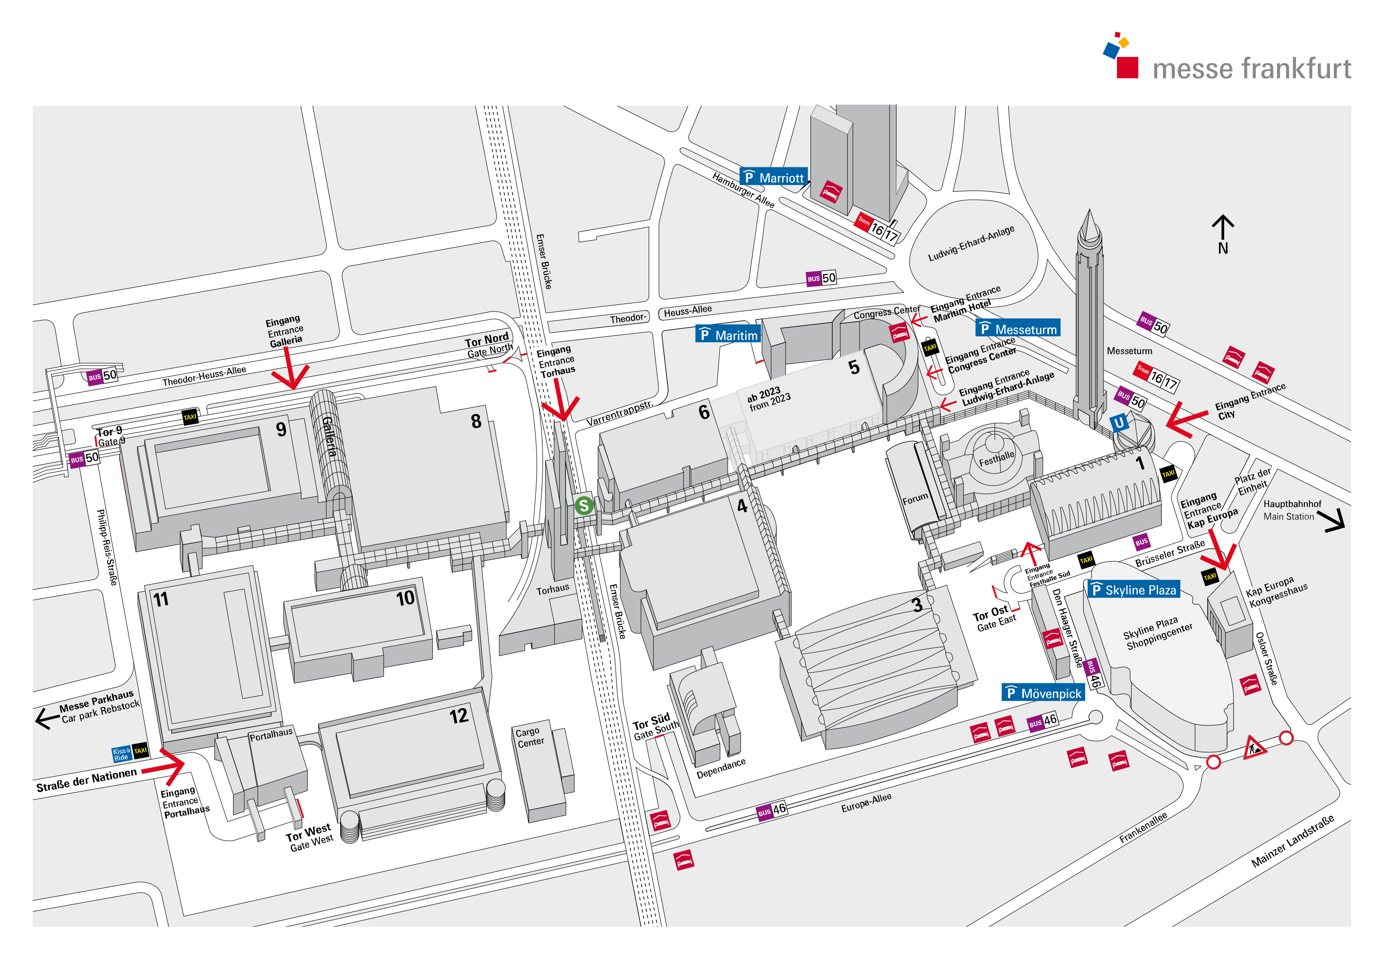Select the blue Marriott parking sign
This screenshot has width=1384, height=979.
[x=773, y=177]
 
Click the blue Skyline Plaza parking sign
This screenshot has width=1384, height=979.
[x=1133, y=589]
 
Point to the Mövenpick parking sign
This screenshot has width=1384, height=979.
[x=1043, y=693]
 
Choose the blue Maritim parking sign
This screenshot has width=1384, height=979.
[x=728, y=335]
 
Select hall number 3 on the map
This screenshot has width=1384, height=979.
[x=917, y=605]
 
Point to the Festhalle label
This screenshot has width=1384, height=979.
[x=996, y=459]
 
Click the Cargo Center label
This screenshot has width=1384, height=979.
[x=529, y=737]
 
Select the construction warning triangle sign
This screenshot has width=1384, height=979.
[x=1255, y=748]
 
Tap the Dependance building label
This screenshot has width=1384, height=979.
[x=721, y=769]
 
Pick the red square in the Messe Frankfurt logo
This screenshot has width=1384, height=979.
[x=1127, y=68]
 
